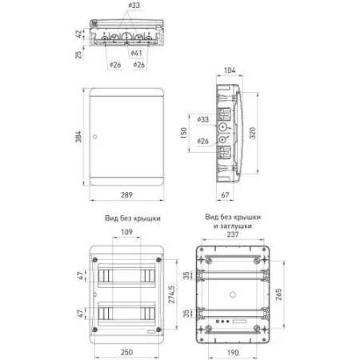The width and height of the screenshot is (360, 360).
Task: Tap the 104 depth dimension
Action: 230,71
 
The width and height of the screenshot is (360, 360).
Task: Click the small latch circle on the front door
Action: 95,139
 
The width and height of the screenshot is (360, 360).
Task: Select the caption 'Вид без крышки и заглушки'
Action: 232,222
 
